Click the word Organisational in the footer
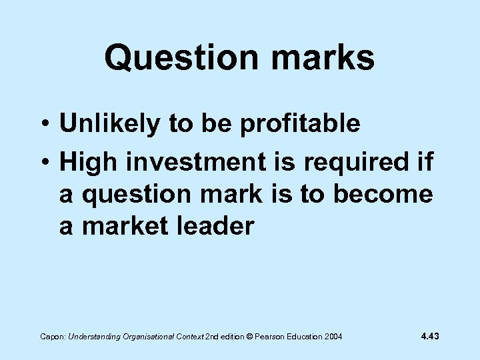(150, 337)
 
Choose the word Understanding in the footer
(94, 337)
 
